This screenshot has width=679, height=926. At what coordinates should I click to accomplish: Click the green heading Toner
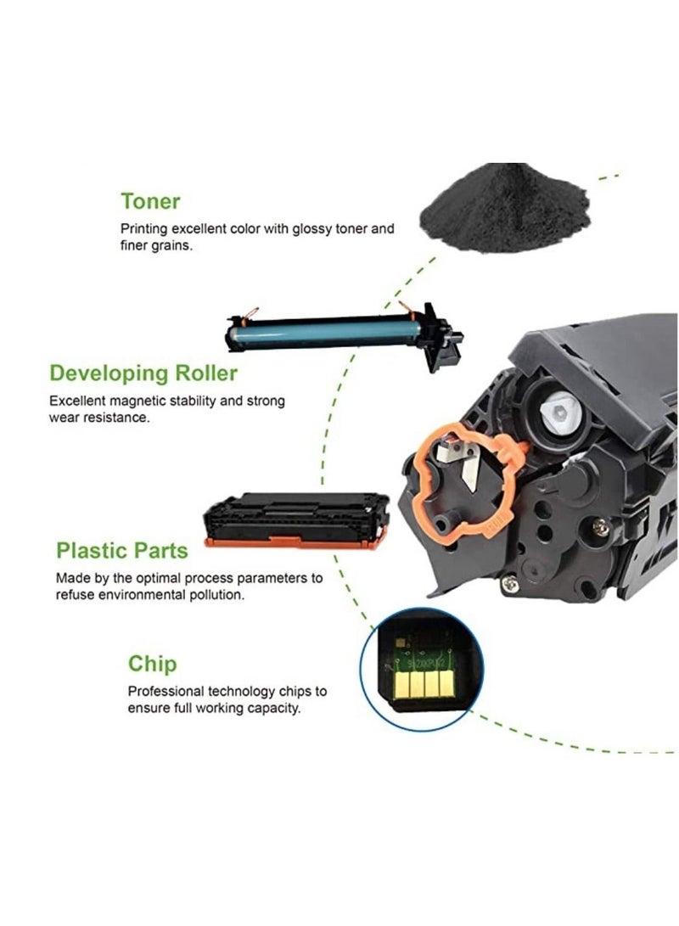click(x=150, y=201)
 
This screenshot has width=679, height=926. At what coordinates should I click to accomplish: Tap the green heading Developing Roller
click(x=143, y=373)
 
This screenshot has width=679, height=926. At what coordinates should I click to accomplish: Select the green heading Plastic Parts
click(x=122, y=550)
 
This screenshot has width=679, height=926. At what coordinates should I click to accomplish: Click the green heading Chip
click(x=153, y=663)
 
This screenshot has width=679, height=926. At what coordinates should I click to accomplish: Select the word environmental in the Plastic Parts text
click(x=149, y=595)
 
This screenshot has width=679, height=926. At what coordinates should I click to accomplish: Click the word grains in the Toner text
click(x=173, y=246)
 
